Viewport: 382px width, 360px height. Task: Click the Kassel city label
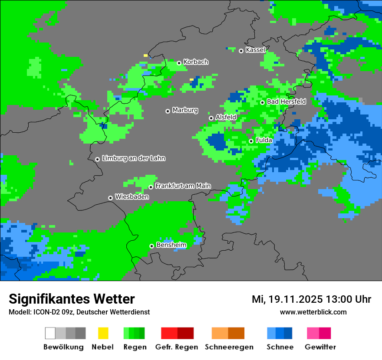pos(255,50)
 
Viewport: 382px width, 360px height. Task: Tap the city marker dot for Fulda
pos(251,141)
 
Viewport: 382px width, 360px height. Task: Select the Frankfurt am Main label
pos(183,186)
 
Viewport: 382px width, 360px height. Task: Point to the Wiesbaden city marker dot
pos(110,198)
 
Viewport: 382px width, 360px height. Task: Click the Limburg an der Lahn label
pos(133,158)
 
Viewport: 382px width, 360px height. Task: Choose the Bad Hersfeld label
pos(286,101)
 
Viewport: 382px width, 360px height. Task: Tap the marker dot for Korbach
pos(179,63)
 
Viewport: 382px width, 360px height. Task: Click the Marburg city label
pos(185,110)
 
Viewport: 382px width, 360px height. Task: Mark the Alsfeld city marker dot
pos(211,118)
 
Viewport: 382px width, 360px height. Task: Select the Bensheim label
pos(171,245)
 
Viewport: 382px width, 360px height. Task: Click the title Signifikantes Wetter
pos(72,299)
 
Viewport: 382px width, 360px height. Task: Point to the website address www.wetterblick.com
pos(313,312)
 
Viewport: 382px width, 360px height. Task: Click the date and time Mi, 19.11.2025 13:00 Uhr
pos(311,299)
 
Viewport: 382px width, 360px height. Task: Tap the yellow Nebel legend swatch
pos(103,333)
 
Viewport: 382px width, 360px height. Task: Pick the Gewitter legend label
pos(320,347)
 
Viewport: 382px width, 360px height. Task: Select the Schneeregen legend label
pos(229,347)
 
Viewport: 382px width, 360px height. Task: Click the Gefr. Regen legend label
pos(177,347)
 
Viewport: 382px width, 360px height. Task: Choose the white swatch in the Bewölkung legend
pos(50,333)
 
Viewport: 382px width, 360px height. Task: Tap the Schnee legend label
pos(280,347)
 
